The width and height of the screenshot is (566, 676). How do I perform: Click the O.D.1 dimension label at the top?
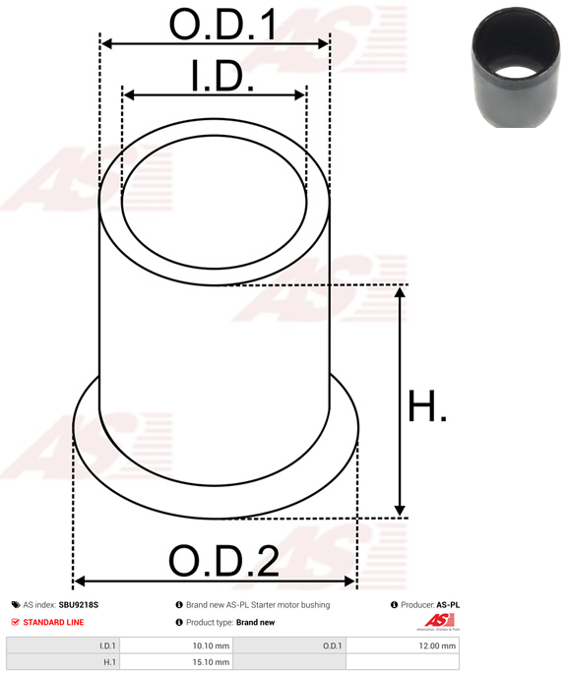coord(222,25)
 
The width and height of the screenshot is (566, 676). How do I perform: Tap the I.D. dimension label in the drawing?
coord(222,76)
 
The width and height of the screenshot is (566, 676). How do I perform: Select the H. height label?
coord(426,405)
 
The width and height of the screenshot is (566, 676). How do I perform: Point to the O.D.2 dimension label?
coord(223,561)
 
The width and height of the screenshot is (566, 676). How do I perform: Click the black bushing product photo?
coord(518,67)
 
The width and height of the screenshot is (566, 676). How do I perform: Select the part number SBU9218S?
coord(79,605)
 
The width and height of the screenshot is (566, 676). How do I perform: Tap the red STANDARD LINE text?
coord(53,622)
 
